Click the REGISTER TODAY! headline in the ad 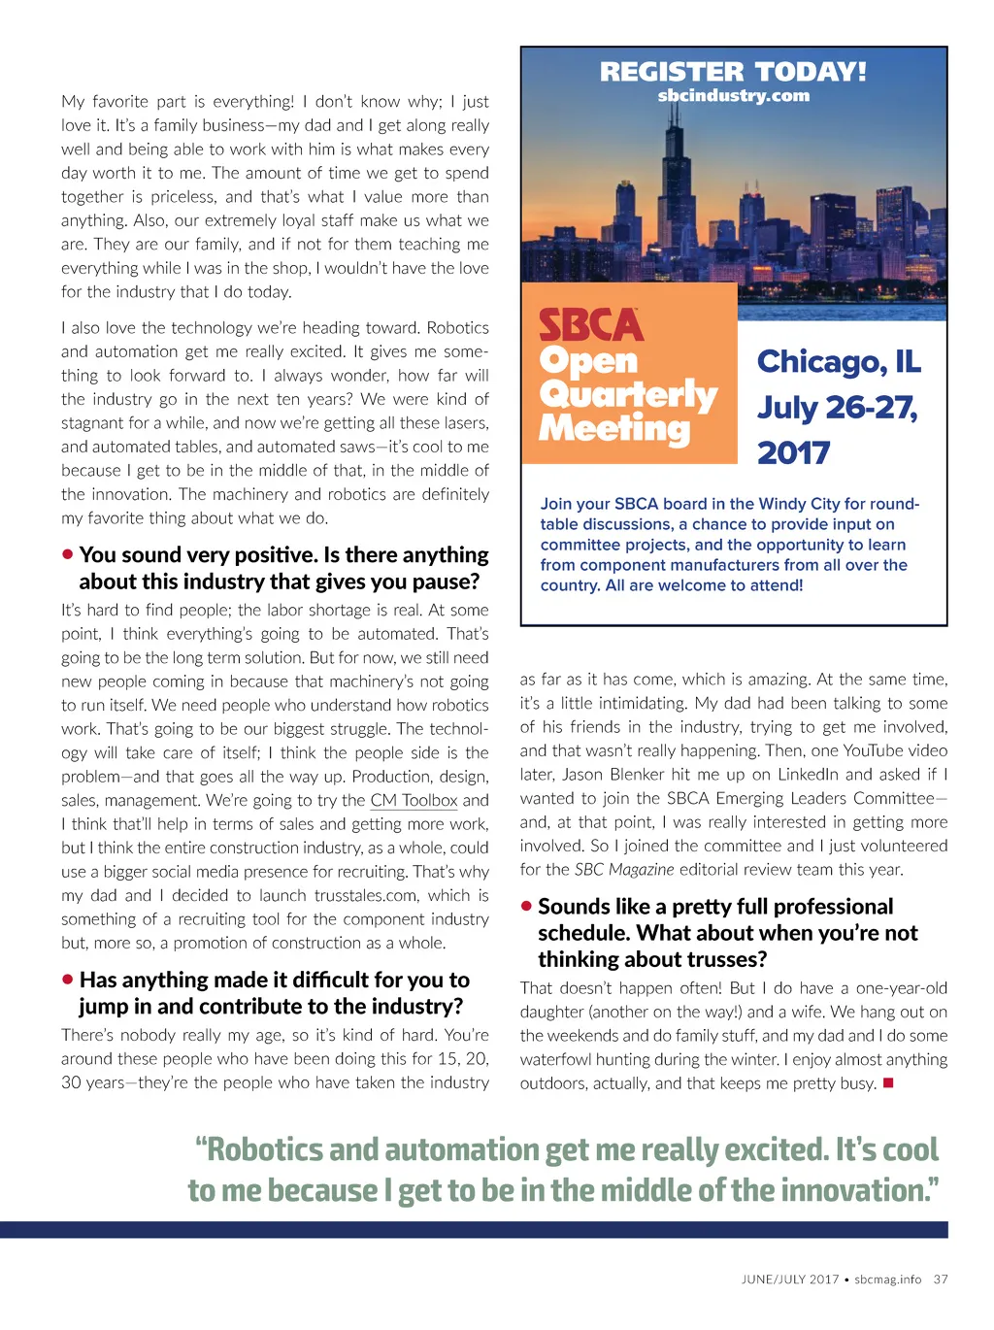point(733,71)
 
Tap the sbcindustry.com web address point(733,95)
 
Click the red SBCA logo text point(591,325)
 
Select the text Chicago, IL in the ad point(838,361)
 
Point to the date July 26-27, point(837,407)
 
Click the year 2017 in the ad point(793,451)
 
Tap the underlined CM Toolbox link point(414,800)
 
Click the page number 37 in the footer point(941,1279)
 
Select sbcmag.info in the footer point(887,1279)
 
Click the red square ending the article point(887,1082)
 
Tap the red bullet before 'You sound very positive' point(67,554)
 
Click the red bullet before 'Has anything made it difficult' point(67,980)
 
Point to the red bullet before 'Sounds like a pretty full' point(526,906)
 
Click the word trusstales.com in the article point(367,895)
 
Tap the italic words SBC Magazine point(624,869)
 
